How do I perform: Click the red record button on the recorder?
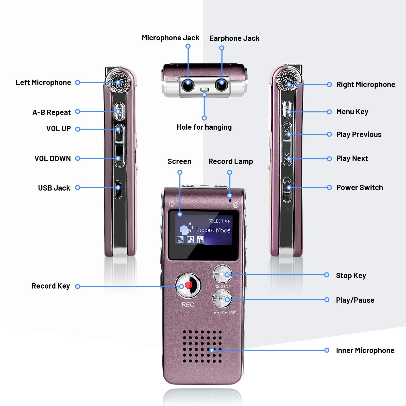[188, 285]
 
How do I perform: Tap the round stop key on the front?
[222, 274]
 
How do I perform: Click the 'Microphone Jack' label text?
[170, 38]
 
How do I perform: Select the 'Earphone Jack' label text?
[234, 38]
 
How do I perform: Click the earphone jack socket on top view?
[222, 84]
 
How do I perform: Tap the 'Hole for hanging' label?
[204, 127]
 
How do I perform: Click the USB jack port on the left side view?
[118, 189]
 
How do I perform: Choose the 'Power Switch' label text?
[360, 188]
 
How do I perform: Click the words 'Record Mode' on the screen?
[213, 230]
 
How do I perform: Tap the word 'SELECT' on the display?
[216, 221]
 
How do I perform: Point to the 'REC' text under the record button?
[188, 305]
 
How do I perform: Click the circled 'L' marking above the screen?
[172, 204]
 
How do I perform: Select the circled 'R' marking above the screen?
[236, 205]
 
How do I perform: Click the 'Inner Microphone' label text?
[365, 350]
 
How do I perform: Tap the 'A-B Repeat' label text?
[52, 112]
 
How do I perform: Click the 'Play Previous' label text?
[359, 134]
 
